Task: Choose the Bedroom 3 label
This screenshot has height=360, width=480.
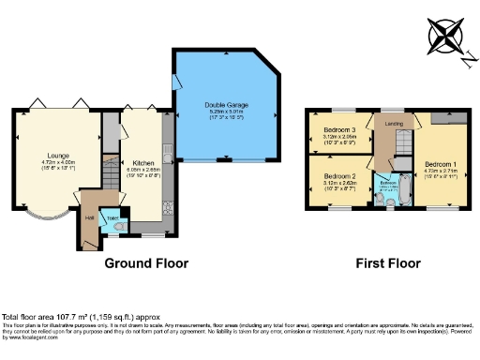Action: coord(338,129)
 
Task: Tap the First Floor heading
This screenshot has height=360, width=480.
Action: coord(387,263)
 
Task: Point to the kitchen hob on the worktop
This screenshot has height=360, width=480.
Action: coord(168,192)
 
